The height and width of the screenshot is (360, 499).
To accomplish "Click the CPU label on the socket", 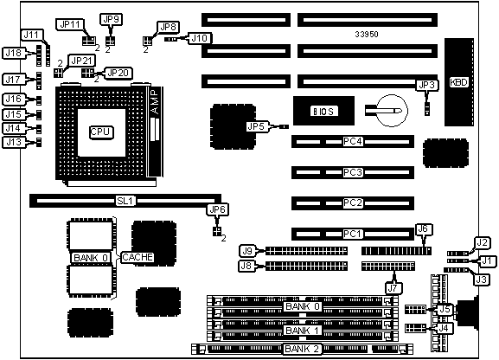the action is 100,132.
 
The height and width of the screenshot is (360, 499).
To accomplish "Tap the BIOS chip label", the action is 323,111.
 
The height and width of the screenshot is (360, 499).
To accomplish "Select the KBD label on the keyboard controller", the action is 459,82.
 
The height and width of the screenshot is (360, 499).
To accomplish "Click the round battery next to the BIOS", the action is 392,110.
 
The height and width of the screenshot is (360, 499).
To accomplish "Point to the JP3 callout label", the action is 427,85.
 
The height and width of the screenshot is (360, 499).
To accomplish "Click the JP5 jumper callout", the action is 257,126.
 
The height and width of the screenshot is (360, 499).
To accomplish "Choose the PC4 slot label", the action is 353,141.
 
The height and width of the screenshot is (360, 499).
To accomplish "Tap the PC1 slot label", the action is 353,235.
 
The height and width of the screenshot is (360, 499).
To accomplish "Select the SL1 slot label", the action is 125,201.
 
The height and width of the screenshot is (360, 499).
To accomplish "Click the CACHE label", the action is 138,257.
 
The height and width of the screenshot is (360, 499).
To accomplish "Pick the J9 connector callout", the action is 247,251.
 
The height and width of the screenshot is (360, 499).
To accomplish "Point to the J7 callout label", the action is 393,288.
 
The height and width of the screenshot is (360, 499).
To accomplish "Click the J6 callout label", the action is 424,229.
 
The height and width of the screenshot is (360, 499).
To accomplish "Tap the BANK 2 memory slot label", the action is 302,349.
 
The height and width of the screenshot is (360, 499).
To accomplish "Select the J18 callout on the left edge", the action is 14,53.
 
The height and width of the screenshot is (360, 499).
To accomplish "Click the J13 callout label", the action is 14,142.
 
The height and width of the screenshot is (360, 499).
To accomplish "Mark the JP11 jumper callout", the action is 70,24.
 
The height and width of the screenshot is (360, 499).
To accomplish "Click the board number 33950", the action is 367,34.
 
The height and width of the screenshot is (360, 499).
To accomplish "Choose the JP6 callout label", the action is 218,209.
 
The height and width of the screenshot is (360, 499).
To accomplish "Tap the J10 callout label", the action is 200,38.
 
